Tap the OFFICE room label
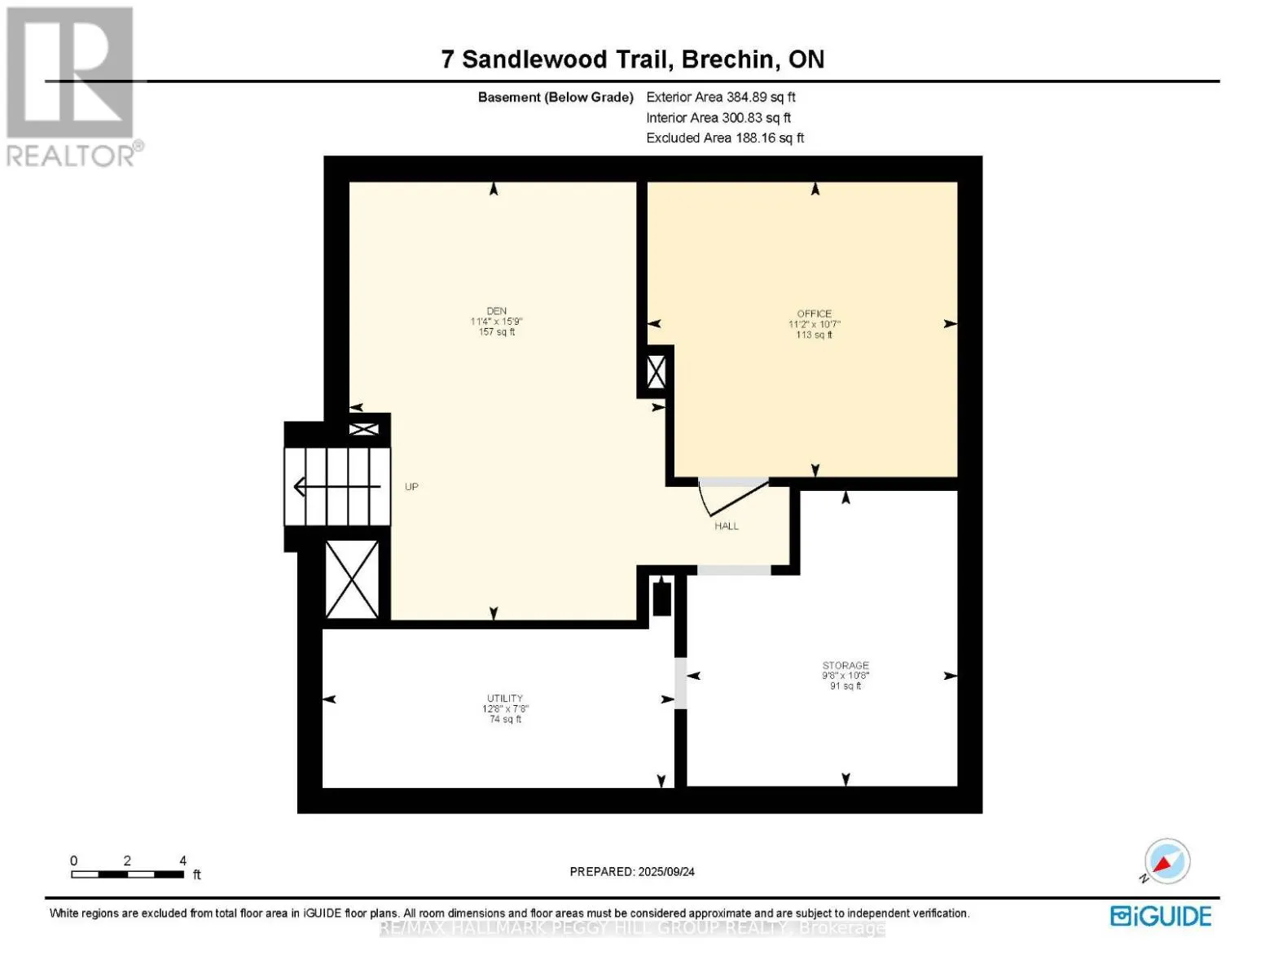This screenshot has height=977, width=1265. [814, 314]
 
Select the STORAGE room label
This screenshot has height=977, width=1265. [845, 666]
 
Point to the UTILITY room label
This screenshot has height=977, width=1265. [504, 699]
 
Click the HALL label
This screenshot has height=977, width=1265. [727, 527]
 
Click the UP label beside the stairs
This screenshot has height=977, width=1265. [411, 487]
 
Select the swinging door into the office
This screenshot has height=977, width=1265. [732, 496]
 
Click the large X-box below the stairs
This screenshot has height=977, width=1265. [352, 579]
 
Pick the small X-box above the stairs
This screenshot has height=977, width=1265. [363, 428]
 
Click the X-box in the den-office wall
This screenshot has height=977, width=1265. [656, 373]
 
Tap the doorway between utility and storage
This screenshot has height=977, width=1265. [680, 682]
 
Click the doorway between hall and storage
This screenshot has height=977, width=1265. [733, 570]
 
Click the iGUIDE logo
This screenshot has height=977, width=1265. [1161, 916]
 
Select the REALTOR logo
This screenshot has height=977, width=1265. [72, 85]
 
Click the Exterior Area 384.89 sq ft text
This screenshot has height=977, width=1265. [720, 97]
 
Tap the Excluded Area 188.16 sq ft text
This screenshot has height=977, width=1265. [725, 138]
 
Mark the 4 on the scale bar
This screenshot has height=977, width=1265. [183, 861]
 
